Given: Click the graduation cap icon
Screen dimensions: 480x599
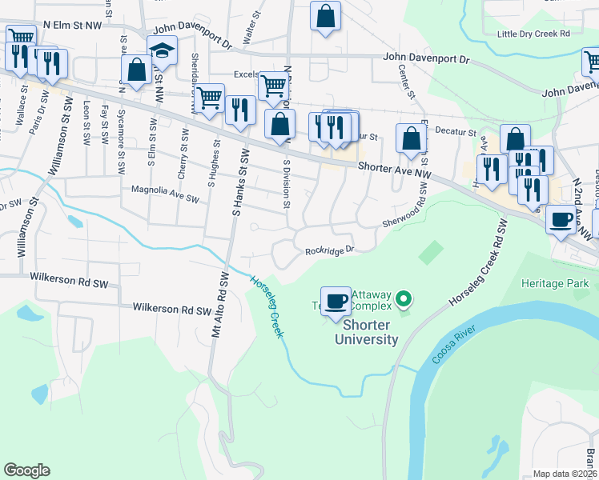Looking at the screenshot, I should (x=162, y=50).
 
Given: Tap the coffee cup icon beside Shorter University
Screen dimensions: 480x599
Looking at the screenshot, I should (x=336, y=302).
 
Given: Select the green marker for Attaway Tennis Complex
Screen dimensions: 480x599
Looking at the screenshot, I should (x=404, y=301).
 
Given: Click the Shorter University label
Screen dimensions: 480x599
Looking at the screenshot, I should (x=370, y=332).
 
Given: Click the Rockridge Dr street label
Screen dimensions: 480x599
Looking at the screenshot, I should (x=328, y=250).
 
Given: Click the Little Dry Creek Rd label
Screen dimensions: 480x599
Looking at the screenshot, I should (x=533, y=34).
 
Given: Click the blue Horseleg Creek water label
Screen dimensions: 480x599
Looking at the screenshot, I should (x=267, y=306).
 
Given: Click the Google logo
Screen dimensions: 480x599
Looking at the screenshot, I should (x=27, y=470).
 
